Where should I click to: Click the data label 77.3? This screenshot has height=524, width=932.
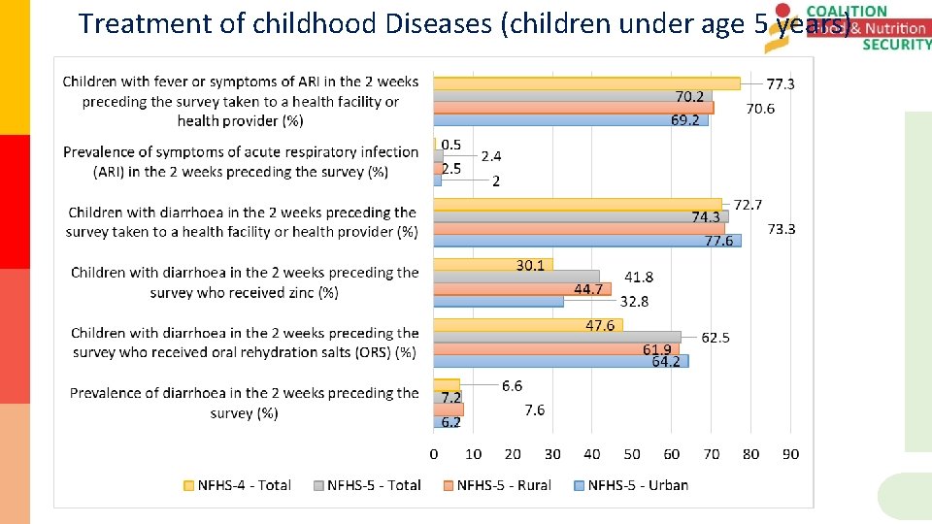[781, 84]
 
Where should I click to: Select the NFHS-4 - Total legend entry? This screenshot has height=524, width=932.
[237, 485]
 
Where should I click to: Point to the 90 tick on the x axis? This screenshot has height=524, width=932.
[790, 454]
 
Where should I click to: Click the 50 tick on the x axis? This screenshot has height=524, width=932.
[632, 454]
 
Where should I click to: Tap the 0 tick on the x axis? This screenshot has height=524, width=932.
[434, 454]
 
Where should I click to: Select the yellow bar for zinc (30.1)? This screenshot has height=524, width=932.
[492, 265]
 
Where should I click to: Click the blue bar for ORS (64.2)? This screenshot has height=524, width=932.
[560, 361]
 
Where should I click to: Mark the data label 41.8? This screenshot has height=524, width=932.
[638, 278]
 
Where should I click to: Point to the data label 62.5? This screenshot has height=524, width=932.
[716, 338]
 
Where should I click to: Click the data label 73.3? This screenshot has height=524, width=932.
[782, 229]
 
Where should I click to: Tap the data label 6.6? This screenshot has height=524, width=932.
[512, 386]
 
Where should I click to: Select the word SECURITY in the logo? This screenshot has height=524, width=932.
[896, 45]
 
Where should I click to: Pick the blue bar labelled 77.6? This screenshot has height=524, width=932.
[586, 241]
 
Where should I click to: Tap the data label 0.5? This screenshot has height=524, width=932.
[451, 145]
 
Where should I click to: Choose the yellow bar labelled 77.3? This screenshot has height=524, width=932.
[586, 83]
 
